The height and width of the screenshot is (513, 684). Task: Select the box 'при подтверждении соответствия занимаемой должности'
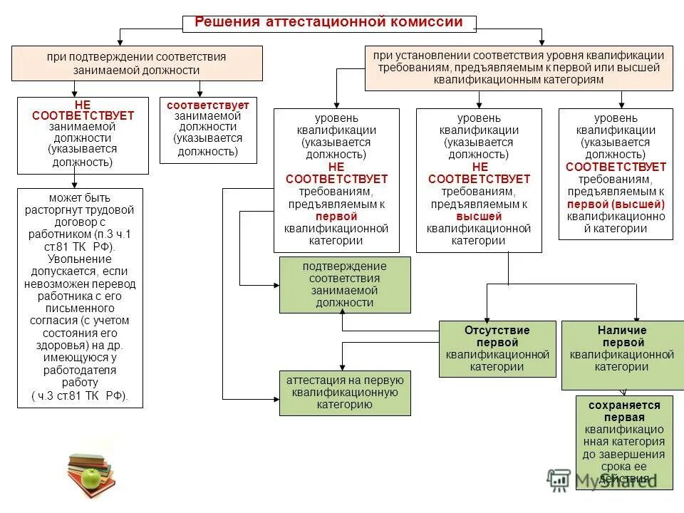point(136,63)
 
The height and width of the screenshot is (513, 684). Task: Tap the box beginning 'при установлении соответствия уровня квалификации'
point(519,68)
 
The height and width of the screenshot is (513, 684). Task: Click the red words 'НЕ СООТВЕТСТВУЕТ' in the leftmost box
point(83,110)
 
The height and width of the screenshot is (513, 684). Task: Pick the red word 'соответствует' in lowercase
point(208,105)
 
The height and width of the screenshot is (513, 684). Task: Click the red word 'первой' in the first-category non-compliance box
point(336,217)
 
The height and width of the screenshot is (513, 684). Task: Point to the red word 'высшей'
point(479,217)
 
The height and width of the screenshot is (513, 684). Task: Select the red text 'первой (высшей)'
point(616,204)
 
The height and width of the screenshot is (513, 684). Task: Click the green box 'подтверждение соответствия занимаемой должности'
point(345,284)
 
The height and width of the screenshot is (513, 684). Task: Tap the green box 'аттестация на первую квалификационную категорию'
point(345,393)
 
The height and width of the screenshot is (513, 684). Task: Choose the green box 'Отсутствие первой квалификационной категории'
point(497,348)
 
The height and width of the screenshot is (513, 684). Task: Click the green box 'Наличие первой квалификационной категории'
point(622,355)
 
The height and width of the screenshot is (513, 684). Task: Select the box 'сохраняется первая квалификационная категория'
point(624,442)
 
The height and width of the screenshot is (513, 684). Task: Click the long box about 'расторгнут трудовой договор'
point(80,297)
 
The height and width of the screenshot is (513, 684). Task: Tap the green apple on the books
point(90,477)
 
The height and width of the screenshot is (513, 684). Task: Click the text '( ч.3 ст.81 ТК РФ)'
point(80,396)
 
